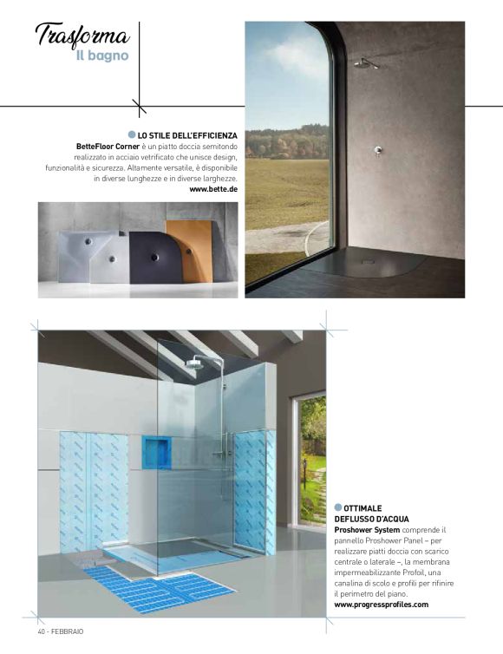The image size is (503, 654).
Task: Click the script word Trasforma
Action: (82, 36)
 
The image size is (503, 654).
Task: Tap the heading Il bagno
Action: (102, 56)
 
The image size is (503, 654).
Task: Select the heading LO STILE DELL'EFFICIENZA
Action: (188, 135)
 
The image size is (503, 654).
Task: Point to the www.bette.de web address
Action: (213, 188)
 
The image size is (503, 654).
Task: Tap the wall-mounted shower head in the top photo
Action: (364, 62)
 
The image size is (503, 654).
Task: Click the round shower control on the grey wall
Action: (377, 150)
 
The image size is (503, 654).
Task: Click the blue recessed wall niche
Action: (156, 452)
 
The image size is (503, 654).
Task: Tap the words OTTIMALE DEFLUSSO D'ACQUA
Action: (364, 513)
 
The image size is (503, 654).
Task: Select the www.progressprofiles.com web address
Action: (382, 605)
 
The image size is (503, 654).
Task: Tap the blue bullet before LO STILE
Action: (132, 134)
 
